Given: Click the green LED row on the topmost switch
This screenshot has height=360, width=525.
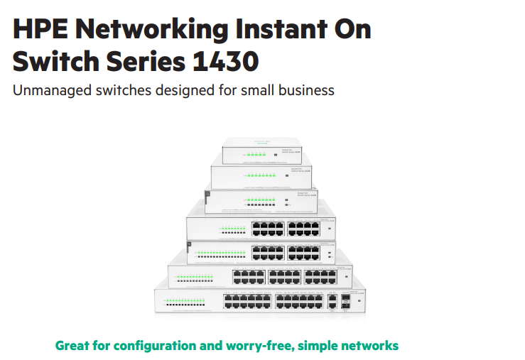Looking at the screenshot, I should point(254,154).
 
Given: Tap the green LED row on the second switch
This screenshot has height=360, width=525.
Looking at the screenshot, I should point(254,174).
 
